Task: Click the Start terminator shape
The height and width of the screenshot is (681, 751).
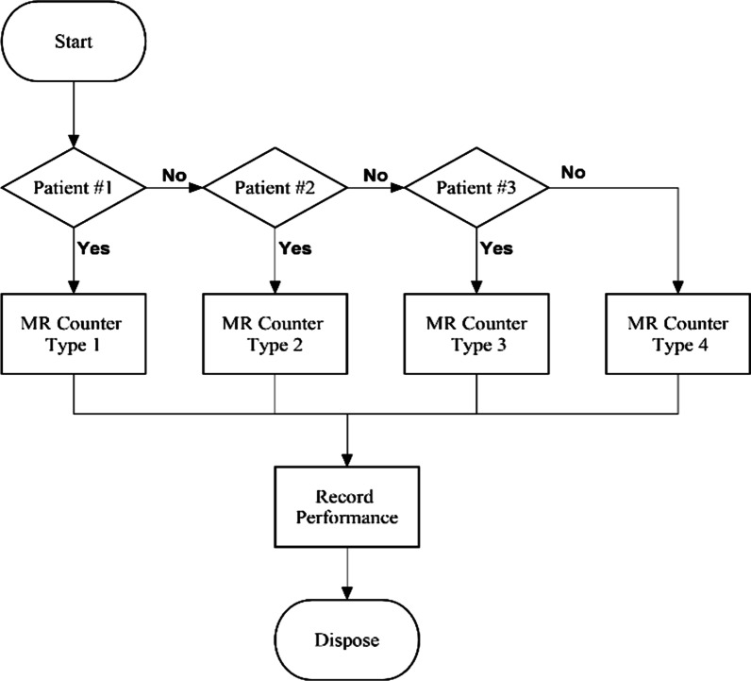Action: coord(74,43)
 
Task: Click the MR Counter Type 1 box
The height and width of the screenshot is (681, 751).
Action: coord(74,334)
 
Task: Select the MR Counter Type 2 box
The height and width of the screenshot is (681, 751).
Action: coord(275,334)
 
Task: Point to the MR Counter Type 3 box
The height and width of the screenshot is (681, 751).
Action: coord(476,334)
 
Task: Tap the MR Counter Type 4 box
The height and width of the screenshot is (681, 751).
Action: coord(677,334)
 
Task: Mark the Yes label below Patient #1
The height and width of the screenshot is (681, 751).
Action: coord(94,248)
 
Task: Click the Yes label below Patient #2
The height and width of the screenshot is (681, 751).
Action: coord(295,248)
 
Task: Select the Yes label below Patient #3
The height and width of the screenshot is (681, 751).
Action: coord(497,248)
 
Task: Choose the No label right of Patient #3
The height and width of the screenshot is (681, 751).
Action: coord(575,173)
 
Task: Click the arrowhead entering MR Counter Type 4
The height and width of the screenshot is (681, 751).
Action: coord(677,287)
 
